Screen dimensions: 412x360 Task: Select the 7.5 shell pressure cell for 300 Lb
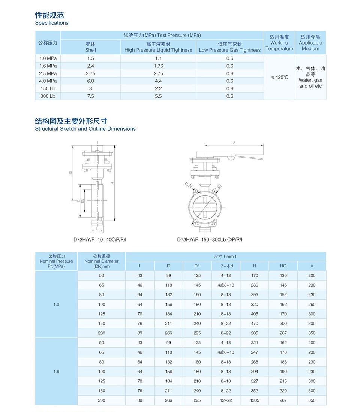click(x=90, y=96)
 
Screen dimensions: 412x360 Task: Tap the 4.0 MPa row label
click(x=48, y=81)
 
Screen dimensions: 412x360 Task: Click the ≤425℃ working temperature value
click(x=279, y=78)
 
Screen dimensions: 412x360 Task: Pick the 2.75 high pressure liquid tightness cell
click(x=158, y=73)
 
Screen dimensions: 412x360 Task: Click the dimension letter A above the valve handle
click(x=234, y=143)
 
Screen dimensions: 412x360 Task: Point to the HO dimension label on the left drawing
click(x=70, y=173)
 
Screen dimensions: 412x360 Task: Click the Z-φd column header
click(x=226, y=266)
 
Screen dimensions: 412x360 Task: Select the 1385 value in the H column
click(x=255, y=400)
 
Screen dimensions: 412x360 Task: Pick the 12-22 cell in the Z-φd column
click(x=226, y=400)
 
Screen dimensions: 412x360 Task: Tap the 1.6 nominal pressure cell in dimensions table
click(x=56, y=372)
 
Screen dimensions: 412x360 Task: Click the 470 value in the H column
click(x=255, y=324)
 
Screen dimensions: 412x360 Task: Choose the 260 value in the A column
click(x=312, y=305)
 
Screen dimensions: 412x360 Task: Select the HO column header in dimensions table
click(x=283, y=266)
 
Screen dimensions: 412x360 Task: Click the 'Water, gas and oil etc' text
click(x=310, y=83)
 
